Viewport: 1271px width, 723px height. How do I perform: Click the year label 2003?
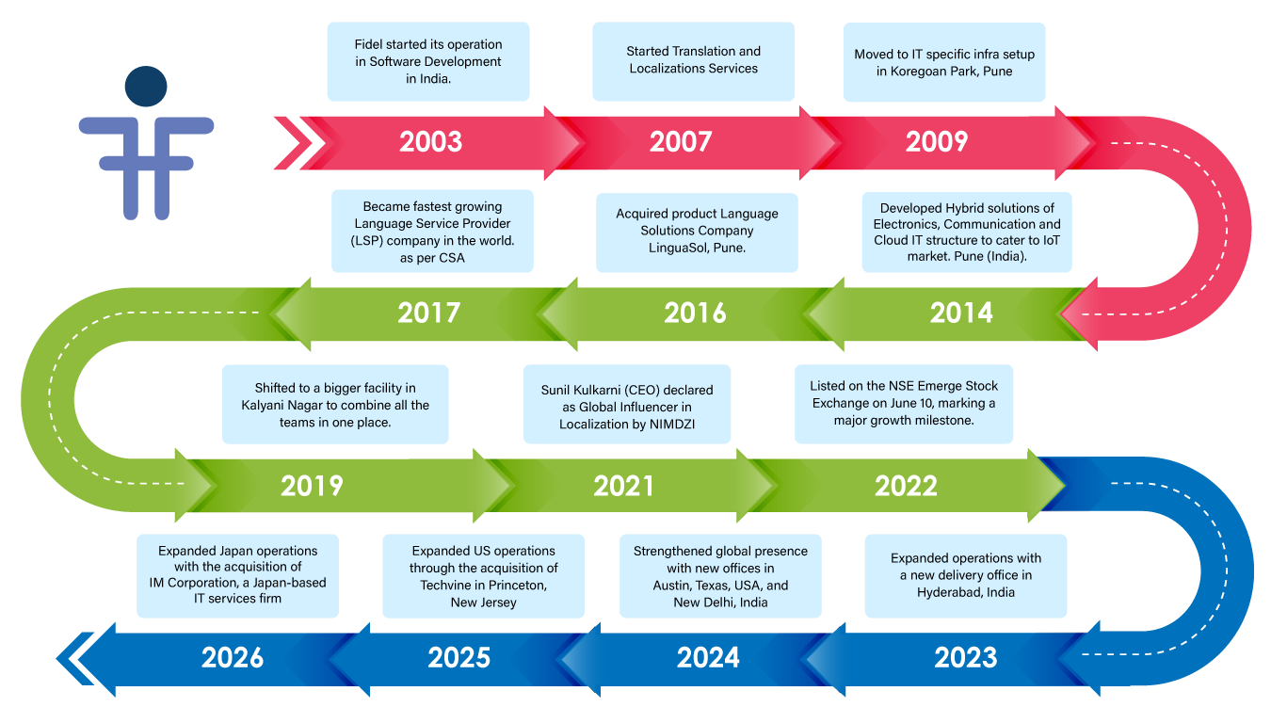pos(430,142)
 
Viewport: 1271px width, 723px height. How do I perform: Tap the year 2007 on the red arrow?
pos(681,142)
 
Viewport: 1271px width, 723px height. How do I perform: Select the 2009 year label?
pos(936,142)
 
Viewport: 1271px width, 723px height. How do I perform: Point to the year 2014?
pos(961,313)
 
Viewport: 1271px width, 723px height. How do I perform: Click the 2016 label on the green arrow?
pos(695,313)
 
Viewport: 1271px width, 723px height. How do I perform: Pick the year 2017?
pos(429,313)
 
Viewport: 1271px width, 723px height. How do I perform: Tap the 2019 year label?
pos(312,486)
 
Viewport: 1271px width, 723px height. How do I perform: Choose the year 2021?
pos(623,486)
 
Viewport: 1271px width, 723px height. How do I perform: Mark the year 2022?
pos(906,486)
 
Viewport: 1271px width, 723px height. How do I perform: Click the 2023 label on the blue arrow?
pos(966,658)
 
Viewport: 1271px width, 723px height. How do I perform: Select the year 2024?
pos(708,658)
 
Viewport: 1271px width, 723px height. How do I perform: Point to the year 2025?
pos(459,658)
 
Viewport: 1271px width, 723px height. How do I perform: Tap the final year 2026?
pos(233,658)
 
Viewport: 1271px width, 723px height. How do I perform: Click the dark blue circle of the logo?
pos(146,87)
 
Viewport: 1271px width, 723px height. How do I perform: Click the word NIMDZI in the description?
pos(672,425)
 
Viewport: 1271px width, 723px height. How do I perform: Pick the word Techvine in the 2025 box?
pos(443,586)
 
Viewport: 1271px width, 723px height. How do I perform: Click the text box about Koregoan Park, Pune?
pos(944,62)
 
